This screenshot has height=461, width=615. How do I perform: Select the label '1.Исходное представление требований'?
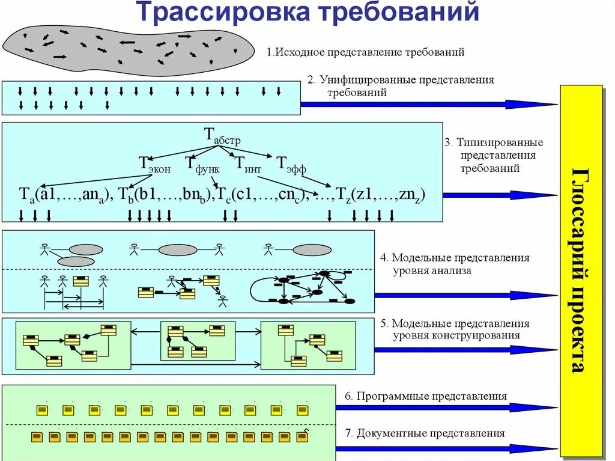(x=366, y=52)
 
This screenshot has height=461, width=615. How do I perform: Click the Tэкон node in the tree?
(x=154, y=163)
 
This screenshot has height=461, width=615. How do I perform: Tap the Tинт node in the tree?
(x=247, y=163)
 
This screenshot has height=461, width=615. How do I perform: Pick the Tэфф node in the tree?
(x=291, y=163)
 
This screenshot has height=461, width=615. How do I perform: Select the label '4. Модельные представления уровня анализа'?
(x=455, y=264)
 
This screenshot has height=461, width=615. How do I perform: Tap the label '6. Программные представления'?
(x=426, y=397)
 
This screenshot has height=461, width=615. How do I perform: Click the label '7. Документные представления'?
(x=425, y=433)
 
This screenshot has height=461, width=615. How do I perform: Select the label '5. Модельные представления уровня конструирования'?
(x=455, y=329)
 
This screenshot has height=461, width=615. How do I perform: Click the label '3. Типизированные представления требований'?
(x=494, y=155)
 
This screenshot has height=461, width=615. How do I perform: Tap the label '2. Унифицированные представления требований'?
(x=401, y=86)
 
